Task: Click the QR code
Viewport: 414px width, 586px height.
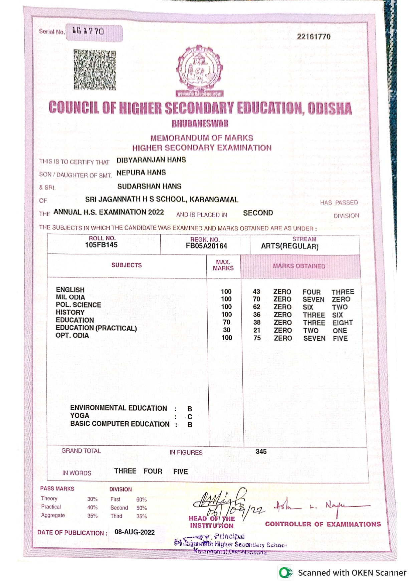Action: tap(94, 70)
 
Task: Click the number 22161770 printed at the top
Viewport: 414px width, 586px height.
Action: tap(314, 36)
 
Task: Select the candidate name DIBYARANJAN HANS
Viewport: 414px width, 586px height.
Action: tap(151, 160)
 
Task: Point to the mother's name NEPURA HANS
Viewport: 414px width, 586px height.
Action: tap(141, 173)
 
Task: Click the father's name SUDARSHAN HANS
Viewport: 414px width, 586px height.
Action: tap(149, 186)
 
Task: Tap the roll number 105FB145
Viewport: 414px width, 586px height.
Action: tap(101, 245)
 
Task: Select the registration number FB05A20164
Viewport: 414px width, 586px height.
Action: tap(206, 246)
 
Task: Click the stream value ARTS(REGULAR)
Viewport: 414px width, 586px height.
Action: tap(289, 246)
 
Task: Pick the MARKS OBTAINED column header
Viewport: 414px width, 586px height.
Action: tap(299, 266)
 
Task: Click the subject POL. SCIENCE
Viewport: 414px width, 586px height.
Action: tap(78, 305)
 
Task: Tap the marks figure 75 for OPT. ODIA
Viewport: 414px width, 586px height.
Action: tap(257, 338)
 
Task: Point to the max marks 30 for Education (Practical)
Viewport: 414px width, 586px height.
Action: tap(227, 330)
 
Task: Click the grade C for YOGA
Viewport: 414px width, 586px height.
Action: tap(190, 417)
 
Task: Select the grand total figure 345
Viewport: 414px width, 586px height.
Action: tap(261, 451)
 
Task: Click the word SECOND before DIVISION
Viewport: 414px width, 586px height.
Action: tap(258, 213)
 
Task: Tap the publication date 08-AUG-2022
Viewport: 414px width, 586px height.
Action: tap(135, 532)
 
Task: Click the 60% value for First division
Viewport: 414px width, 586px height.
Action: tap(141, 500)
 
